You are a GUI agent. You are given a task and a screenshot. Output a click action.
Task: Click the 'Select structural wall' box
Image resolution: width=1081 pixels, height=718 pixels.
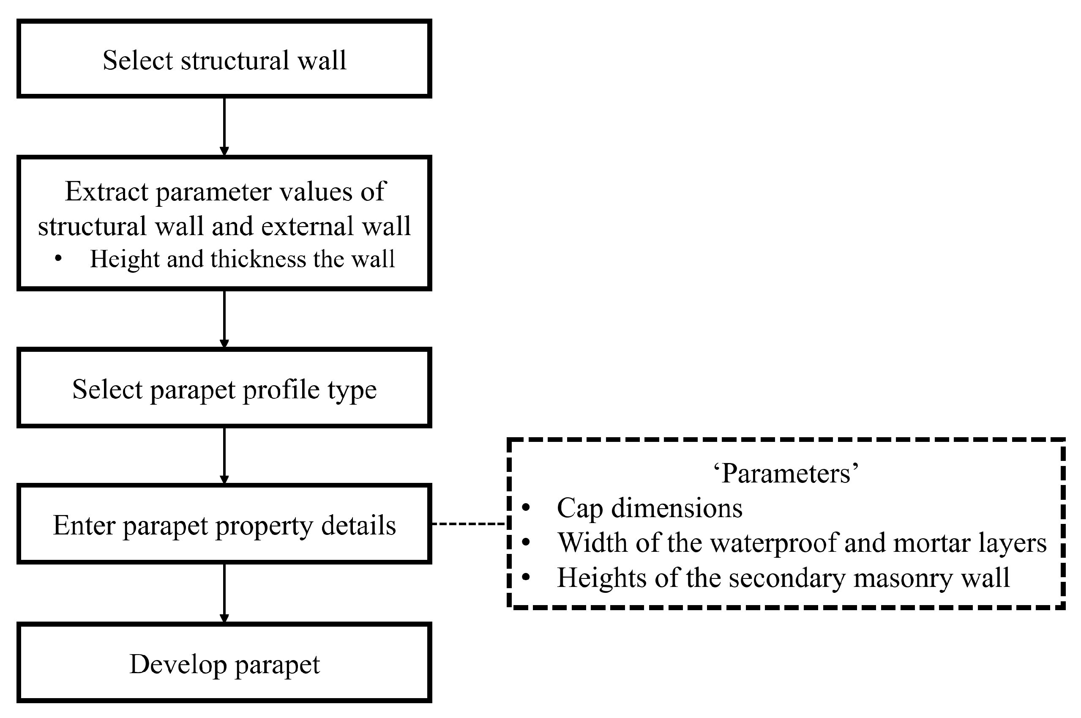[224, 59]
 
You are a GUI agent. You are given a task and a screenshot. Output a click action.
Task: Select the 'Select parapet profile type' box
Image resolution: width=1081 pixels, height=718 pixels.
[224, 388]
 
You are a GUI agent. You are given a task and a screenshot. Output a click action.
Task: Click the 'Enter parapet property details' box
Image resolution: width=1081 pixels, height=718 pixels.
[224, 524]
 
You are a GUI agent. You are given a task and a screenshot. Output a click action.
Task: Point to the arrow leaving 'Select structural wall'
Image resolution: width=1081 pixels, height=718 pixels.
[224, 126]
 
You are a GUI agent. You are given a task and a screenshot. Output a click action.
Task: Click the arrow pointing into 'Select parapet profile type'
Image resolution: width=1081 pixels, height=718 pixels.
[224, 319]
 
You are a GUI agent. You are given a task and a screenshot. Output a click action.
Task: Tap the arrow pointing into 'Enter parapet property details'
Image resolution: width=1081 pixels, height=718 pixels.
[224, 455]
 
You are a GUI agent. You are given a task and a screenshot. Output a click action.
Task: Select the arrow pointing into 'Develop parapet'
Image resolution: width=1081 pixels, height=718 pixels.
[224, 592]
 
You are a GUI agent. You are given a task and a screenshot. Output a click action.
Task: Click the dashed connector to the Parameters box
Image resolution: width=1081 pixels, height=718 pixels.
[469, 523]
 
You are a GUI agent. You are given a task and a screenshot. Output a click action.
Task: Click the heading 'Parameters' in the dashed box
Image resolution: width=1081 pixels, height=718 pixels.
[786, 473]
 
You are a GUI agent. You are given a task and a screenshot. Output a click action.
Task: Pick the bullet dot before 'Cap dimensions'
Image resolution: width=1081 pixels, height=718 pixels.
[526, 507]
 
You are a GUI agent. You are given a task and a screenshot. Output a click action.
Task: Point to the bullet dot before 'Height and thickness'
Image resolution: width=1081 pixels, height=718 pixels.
[58, 258]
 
